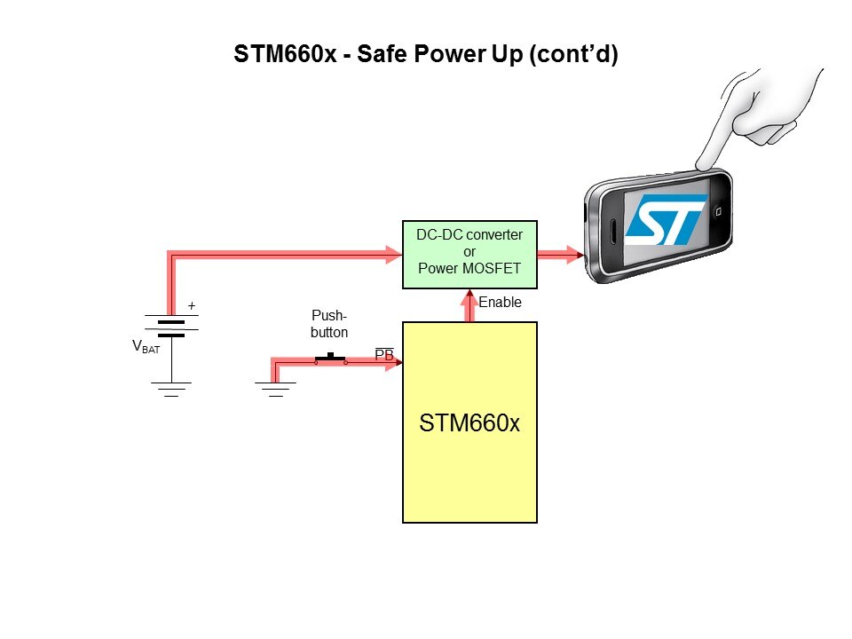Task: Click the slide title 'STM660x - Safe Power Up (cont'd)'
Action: coord(425,54)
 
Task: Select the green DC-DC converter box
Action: coord(469,255)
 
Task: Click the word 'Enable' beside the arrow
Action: coord(501,303)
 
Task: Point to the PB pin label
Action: coord(384,355)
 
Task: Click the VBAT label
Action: coord(146,347)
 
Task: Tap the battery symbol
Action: coord(171,327)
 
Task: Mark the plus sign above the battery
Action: coord(191,306)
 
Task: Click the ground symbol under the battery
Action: coord(171,388)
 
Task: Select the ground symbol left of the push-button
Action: coord(275,389)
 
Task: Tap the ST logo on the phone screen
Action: coord(665,219)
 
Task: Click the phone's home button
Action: coord(719,212)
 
